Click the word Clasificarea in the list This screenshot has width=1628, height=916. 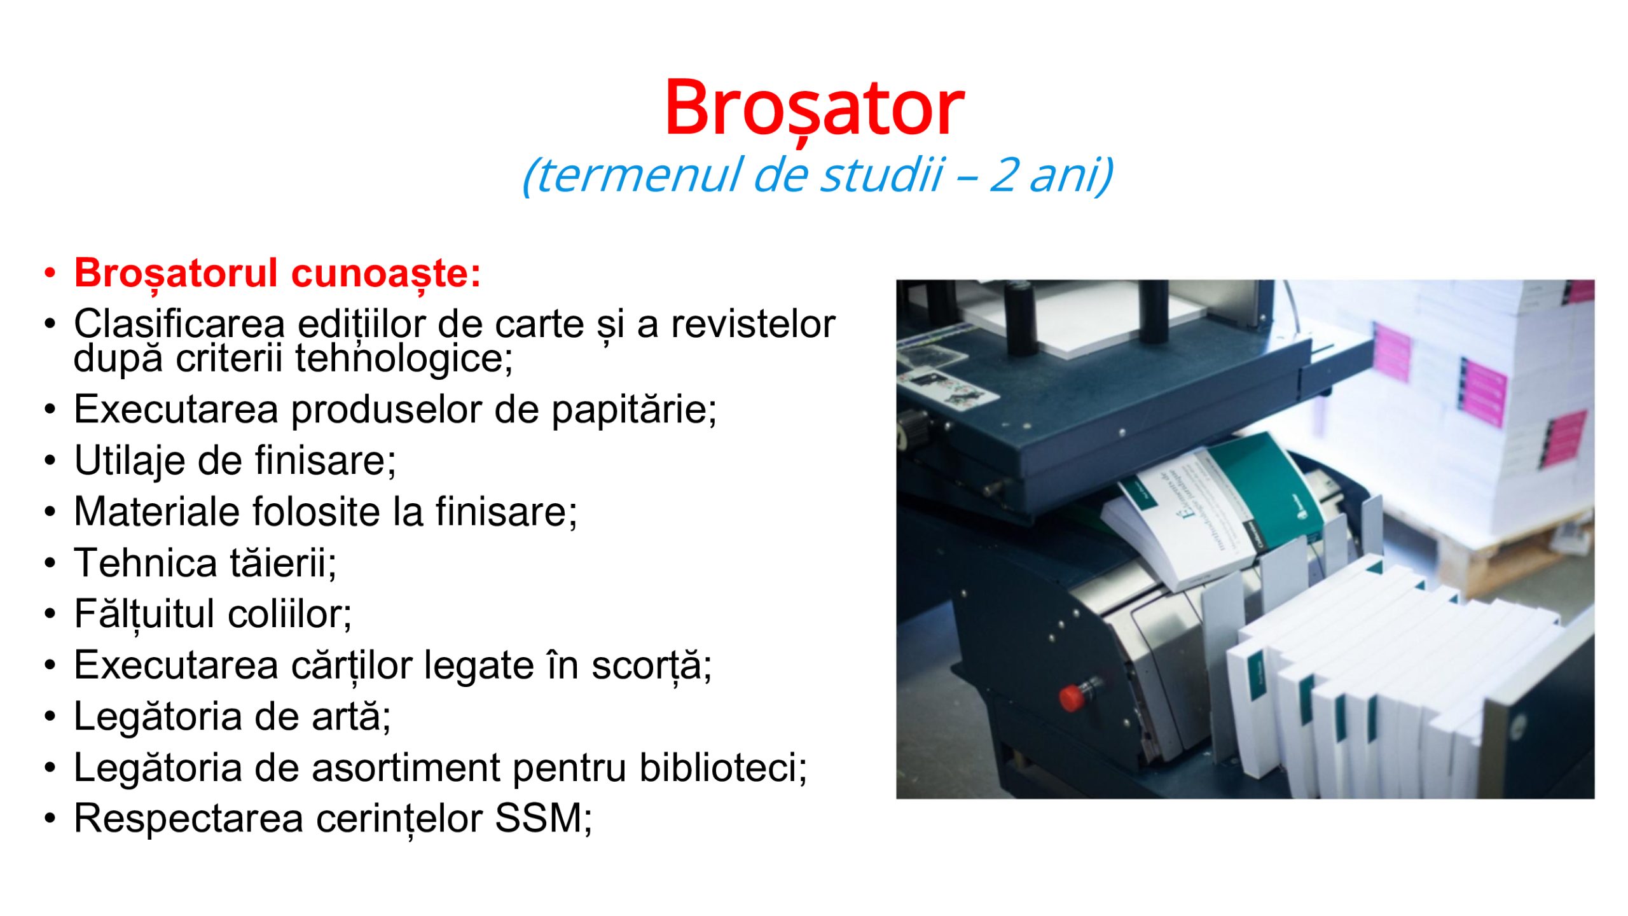click(x=179, y=324)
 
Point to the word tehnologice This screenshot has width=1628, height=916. click(x=404, y=358)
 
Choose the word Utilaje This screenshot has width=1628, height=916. click(x=130, y=462)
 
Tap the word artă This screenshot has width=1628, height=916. click(x=351, y=716)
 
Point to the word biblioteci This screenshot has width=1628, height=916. click(x=723, y=767)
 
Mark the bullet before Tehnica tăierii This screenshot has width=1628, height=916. click(x=50, y=564)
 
